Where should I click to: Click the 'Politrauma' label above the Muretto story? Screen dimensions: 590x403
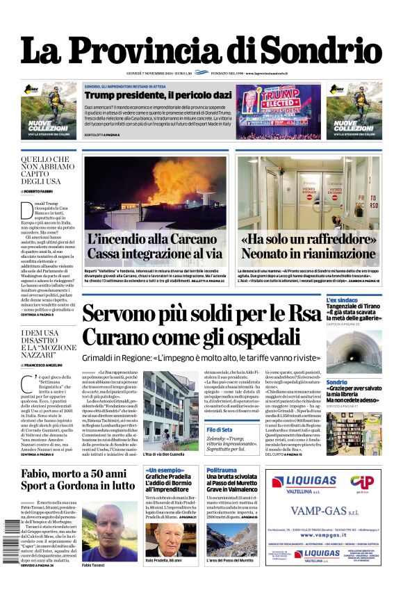click(x=222, y=470)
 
